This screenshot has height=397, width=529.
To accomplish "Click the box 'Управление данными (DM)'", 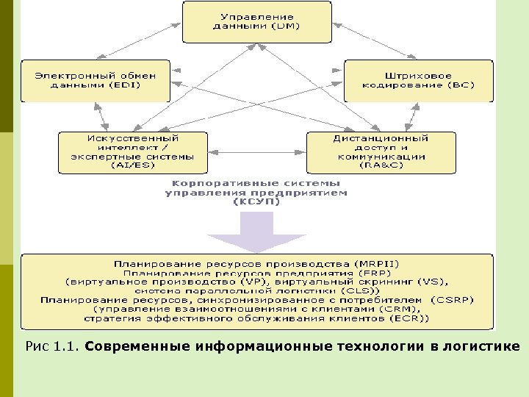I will click(256, 21).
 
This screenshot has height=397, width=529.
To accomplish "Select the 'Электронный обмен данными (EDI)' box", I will click(95, 79).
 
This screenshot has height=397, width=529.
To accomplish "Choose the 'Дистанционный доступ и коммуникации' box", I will click(381, 151).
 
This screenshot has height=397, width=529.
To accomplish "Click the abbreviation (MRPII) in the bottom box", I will click(378, 263).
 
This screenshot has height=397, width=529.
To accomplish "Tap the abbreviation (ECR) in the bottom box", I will click(413, 318).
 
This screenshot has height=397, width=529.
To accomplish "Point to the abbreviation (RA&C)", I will click(381, 165).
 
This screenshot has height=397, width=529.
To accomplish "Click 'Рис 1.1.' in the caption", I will click(51, 346).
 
